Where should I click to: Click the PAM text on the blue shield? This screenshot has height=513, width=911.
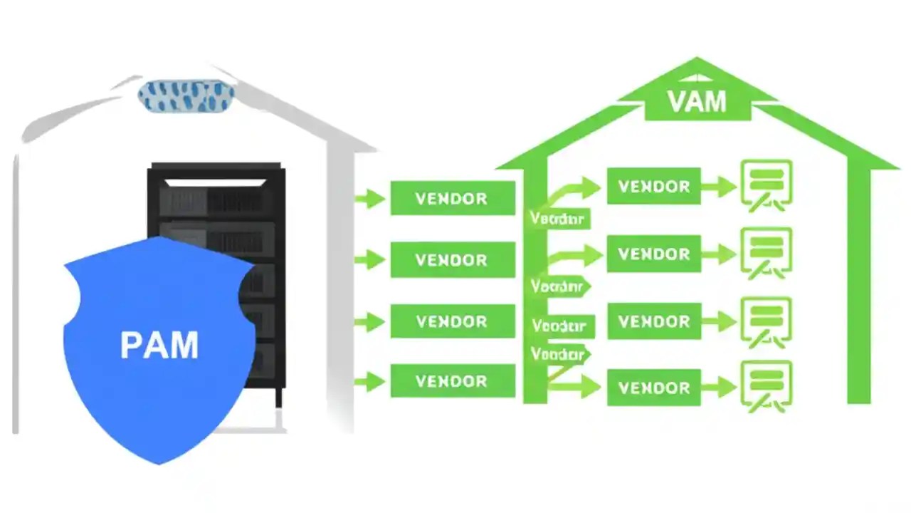[159, 346]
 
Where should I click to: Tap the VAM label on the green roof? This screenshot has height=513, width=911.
[697, 102]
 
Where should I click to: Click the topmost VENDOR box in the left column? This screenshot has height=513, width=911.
[452, 198]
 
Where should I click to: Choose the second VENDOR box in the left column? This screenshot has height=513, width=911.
[452, 259]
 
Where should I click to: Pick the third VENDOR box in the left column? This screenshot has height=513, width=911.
[452, 321]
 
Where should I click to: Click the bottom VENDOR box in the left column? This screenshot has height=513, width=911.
[452, 381]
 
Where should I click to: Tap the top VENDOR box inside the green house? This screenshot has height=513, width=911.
[653, 187]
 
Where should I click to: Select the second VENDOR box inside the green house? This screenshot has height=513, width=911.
[653, 254]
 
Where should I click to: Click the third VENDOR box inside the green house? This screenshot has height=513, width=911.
[653, 321]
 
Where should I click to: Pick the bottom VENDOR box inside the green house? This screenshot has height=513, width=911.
[653, 388]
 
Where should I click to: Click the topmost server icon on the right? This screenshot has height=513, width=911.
[767, 183]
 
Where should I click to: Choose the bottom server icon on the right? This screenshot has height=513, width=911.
[767, 385]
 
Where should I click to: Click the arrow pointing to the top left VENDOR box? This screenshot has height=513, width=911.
[369, 198]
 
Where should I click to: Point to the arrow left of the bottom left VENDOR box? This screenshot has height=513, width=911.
[369, 382]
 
